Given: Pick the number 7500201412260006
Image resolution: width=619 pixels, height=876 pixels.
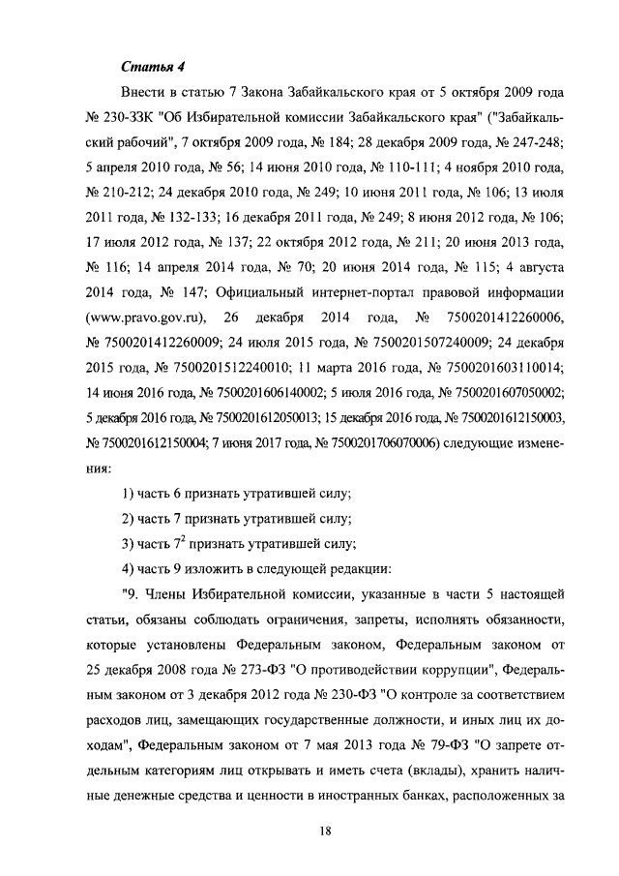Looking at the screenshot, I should pyautogui.click(x=499, y=317).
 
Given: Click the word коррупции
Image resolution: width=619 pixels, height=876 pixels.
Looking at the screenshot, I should pyautogui.click(x=449, y=670).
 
